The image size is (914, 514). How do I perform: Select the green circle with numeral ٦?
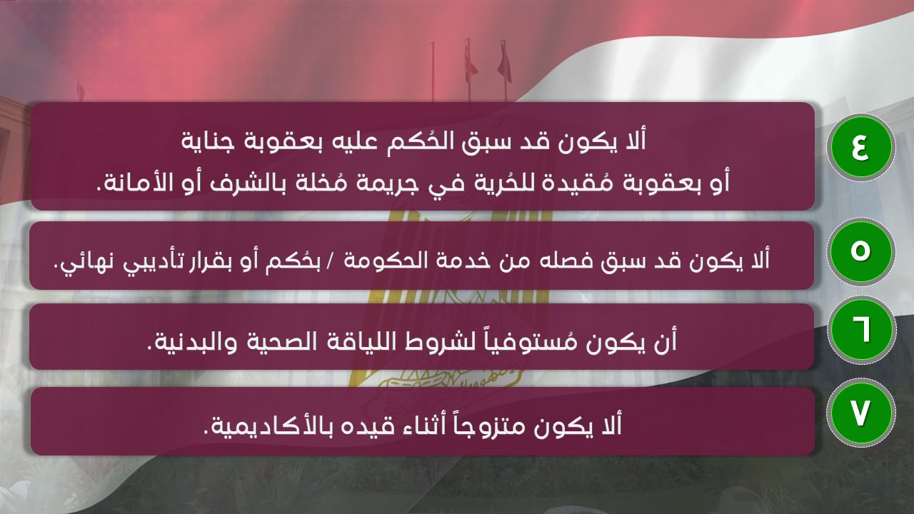(x=860, y=332)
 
